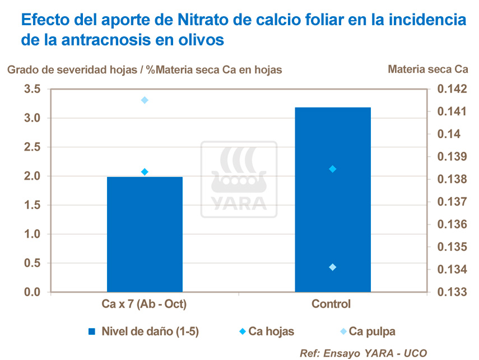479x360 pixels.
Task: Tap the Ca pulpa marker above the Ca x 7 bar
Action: coord(145,100)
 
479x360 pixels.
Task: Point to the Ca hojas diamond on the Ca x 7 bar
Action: coord(145,172)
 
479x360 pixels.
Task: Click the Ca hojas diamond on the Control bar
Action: coord(332,169)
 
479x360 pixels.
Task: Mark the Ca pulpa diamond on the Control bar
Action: coord(332,267)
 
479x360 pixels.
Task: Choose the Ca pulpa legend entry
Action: coord(371,331)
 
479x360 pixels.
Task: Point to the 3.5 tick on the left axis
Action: coord(32,89)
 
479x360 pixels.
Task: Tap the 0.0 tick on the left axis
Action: coord(32,292)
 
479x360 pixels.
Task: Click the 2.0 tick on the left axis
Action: coord(32,176)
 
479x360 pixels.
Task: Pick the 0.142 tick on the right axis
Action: coord(453,89)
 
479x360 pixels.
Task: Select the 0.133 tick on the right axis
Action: coord(453,292)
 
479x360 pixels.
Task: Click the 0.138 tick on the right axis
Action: coord(453,180)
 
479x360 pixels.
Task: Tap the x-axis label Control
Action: coord(331,305)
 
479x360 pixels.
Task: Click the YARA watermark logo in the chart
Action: coord(239,179)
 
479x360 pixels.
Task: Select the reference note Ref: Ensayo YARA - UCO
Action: coord(364,353)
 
